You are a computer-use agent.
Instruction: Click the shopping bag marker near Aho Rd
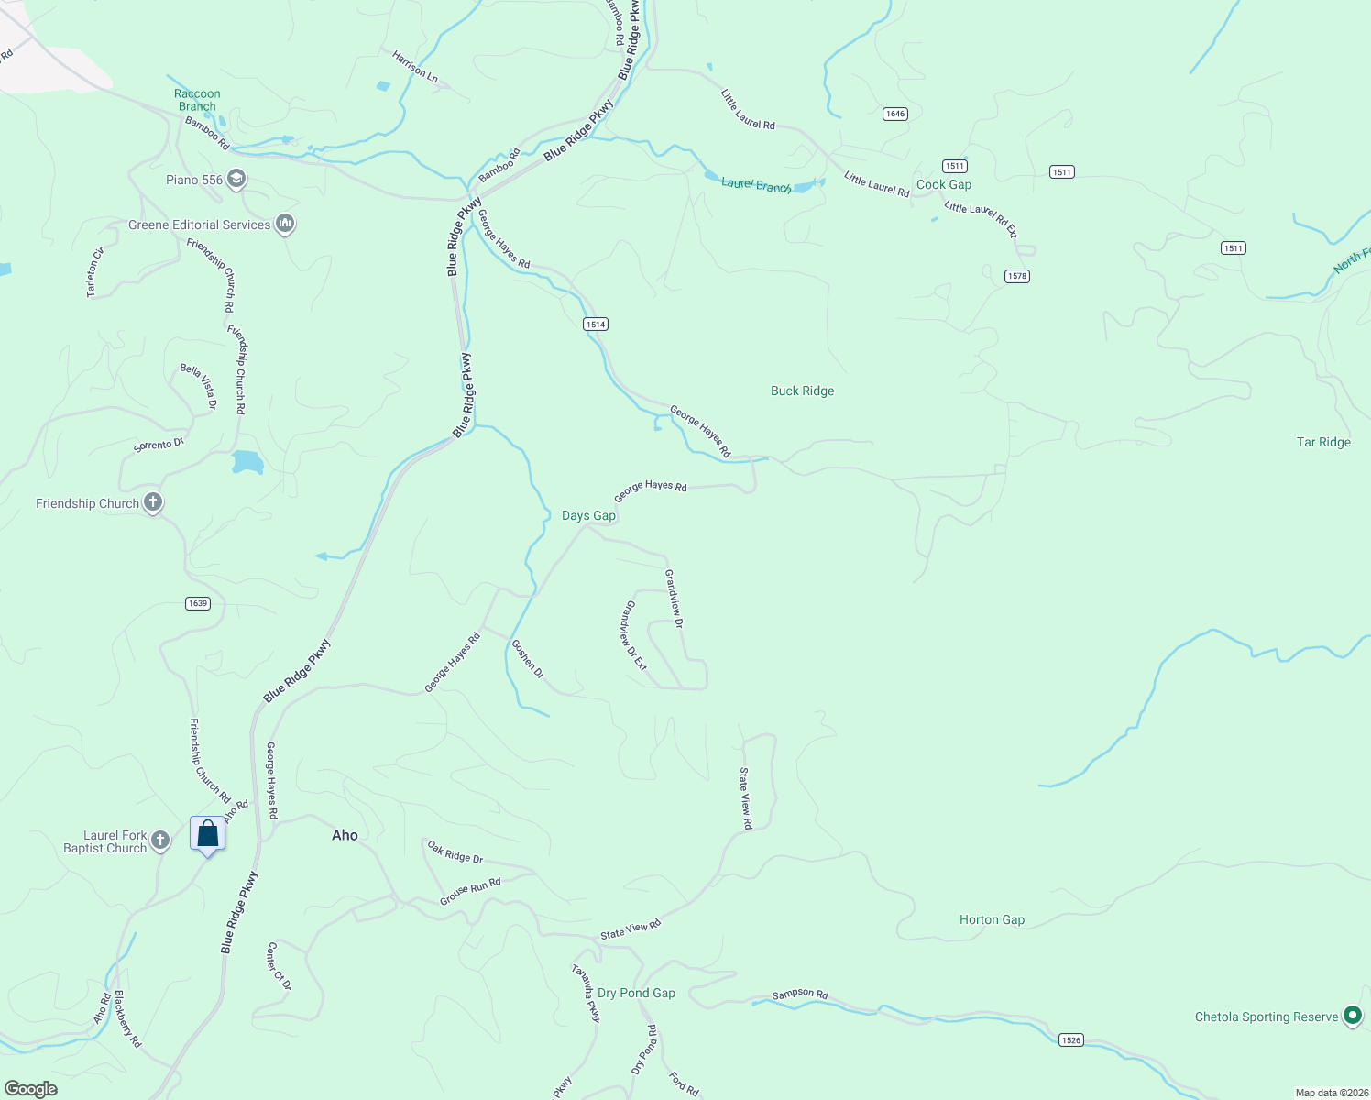point(208,834)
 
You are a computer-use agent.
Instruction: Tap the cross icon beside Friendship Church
point(153,502)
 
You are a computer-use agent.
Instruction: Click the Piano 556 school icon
point(236,179)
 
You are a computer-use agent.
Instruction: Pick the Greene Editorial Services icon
point(285,223)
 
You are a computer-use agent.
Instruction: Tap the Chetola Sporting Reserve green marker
point(1352,1015)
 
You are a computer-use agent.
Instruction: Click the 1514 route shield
point(596,324)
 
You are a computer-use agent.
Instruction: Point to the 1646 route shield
point(895,114)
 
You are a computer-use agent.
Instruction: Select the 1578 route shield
point(1017,276)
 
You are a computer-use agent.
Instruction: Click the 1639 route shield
point(198,603)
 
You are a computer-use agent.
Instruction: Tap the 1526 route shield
point(1070,1039)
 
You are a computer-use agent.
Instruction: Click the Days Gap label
point(588,516)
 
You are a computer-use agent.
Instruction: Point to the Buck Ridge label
point(802,390)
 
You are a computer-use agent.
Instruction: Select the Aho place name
point(345,835)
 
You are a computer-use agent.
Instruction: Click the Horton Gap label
point(992,919)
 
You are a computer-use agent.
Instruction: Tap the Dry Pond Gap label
point(636,993)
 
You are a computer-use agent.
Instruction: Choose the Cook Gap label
point(944,184)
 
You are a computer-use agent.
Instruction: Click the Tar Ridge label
point(1323,442)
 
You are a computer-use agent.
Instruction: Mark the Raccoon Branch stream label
point(197,100)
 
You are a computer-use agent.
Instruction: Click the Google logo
point(31,1089)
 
